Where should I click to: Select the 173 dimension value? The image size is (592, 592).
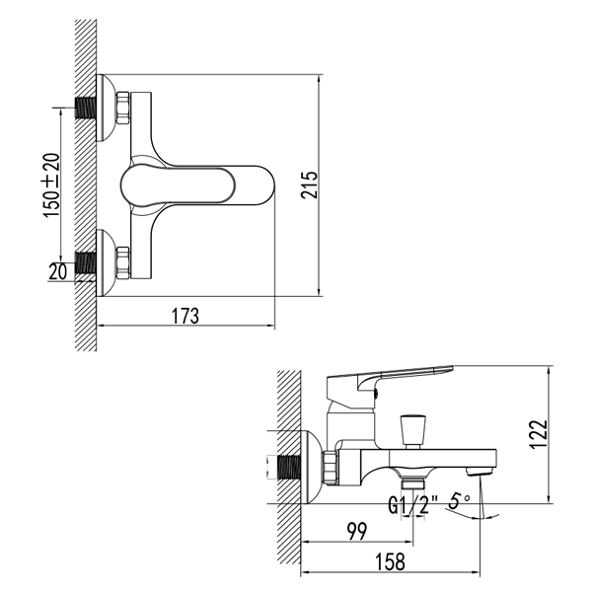pos(185,316)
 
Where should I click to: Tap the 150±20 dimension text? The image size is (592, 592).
pos(50,185)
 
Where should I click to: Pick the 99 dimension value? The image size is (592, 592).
pos(356,532)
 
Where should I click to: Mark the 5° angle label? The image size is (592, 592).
pos(458,502)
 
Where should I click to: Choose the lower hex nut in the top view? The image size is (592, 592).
pos(123,261)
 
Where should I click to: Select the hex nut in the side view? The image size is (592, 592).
pos(332,466)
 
